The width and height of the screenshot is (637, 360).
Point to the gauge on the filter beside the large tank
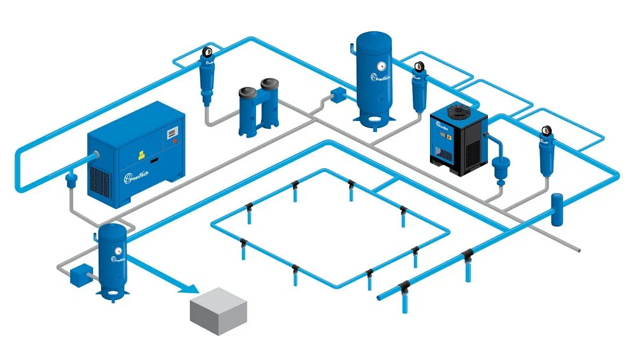[419, 66]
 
